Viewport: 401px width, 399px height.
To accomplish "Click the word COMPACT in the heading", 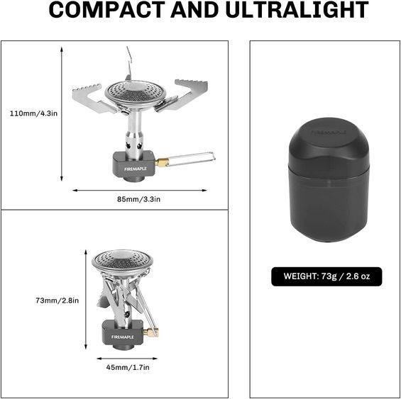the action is pos(107,10).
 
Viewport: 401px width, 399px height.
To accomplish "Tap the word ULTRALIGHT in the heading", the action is pos(297,10).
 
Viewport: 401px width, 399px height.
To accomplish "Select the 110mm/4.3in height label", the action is pos(33,113).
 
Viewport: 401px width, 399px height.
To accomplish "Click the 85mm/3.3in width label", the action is pos(139,199).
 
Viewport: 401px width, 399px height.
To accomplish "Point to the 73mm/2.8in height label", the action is pos(57,300).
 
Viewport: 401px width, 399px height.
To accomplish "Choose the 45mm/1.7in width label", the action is pos(128,367).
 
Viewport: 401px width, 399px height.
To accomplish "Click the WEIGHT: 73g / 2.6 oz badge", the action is pos(326,276).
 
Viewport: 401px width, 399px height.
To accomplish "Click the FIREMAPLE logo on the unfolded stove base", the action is pos(136,169).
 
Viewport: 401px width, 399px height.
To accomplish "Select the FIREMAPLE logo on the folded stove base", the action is pos(123,337).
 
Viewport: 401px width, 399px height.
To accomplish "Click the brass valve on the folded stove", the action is pos(150,332).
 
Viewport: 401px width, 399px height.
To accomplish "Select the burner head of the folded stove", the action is pos(123,261).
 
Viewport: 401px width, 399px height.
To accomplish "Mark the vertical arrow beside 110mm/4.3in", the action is pos(62,114).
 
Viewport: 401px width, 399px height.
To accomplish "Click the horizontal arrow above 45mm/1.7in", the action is pos(127,359).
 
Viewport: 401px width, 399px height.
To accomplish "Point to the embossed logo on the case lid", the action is pos(329,133).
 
